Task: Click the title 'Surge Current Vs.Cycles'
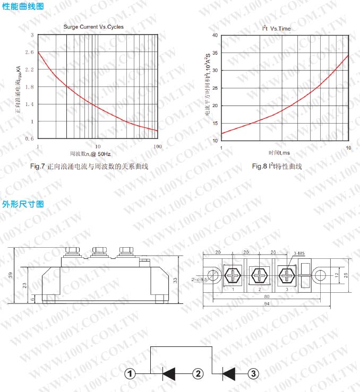tap(93, 27)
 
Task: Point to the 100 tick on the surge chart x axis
tap(157, 145)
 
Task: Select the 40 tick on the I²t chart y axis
tap(216, 35)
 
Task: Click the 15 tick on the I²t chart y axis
tap(216, 123)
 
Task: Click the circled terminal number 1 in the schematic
tap(130, 373)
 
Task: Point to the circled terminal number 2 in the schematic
tap(198, 373)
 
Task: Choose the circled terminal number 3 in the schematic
tap(254, 373)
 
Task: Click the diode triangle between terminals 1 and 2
tap(169, 373)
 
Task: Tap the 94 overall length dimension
tap(267, 304)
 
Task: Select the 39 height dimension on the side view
tap(11, 275)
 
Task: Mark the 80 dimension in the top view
tap(266, 296)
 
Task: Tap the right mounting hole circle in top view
tap(320, 275)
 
